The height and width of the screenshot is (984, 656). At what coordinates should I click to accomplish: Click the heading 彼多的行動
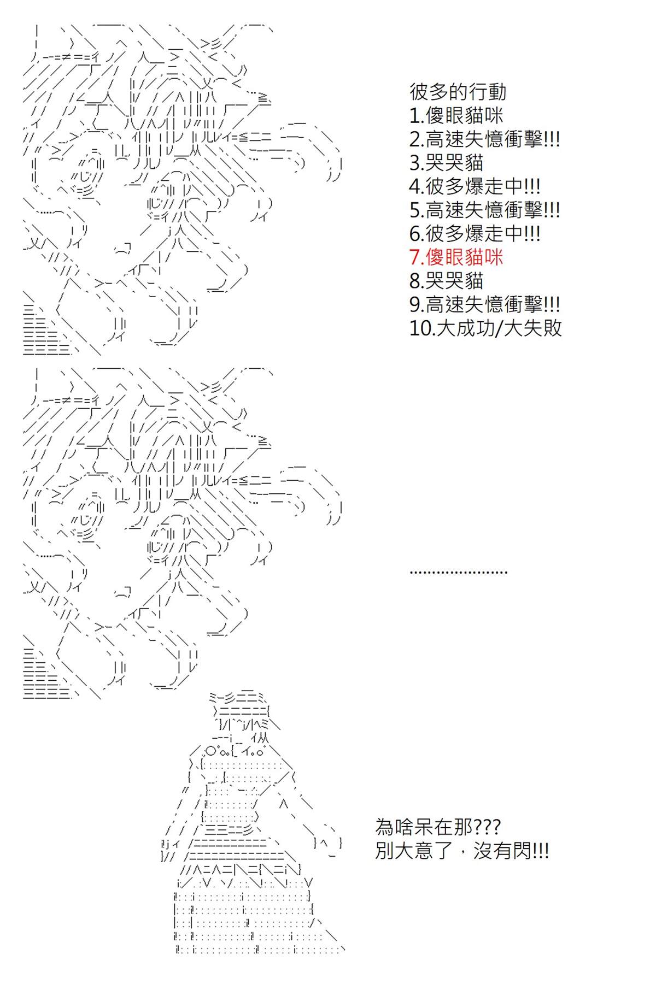pyautogui.click(x=458, y=92)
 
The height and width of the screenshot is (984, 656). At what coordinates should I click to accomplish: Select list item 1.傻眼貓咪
pyautogui.click(x=456, y=115)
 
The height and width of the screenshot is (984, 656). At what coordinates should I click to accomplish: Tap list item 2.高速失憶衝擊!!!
pyautogui.click(x=484, y=139)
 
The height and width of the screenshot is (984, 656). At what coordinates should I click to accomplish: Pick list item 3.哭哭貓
pyautogui.click(x=446, y=162)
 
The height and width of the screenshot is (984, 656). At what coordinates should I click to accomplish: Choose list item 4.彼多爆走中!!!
pyautogui.click(x=475, y=186)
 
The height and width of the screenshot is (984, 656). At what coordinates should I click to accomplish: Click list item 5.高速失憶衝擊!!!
pyautogui.click(x=484, y=209)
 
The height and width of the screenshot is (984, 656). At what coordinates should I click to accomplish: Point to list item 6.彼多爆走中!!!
pyautogui.click(x=475, y=233)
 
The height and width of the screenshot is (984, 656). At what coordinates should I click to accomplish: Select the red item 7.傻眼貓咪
pyautogui.click(x=456, y=257)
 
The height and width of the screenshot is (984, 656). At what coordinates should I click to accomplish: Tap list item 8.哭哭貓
pyautogui.click(x=446, y=280)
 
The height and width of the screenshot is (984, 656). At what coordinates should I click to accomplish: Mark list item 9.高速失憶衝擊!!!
pyautogui.click(x=484, y=304)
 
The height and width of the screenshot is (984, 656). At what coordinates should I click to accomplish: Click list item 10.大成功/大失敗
pyautogui.click(x=485, y=327)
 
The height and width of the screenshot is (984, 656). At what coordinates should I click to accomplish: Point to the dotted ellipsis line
pyautogui.click(x=459, y=572)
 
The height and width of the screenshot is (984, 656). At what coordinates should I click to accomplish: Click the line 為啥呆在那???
pyautogui.click(x=437, y=827)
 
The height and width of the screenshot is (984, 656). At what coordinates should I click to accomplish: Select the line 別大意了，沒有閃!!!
pyautogui.click(x=462, y=851)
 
